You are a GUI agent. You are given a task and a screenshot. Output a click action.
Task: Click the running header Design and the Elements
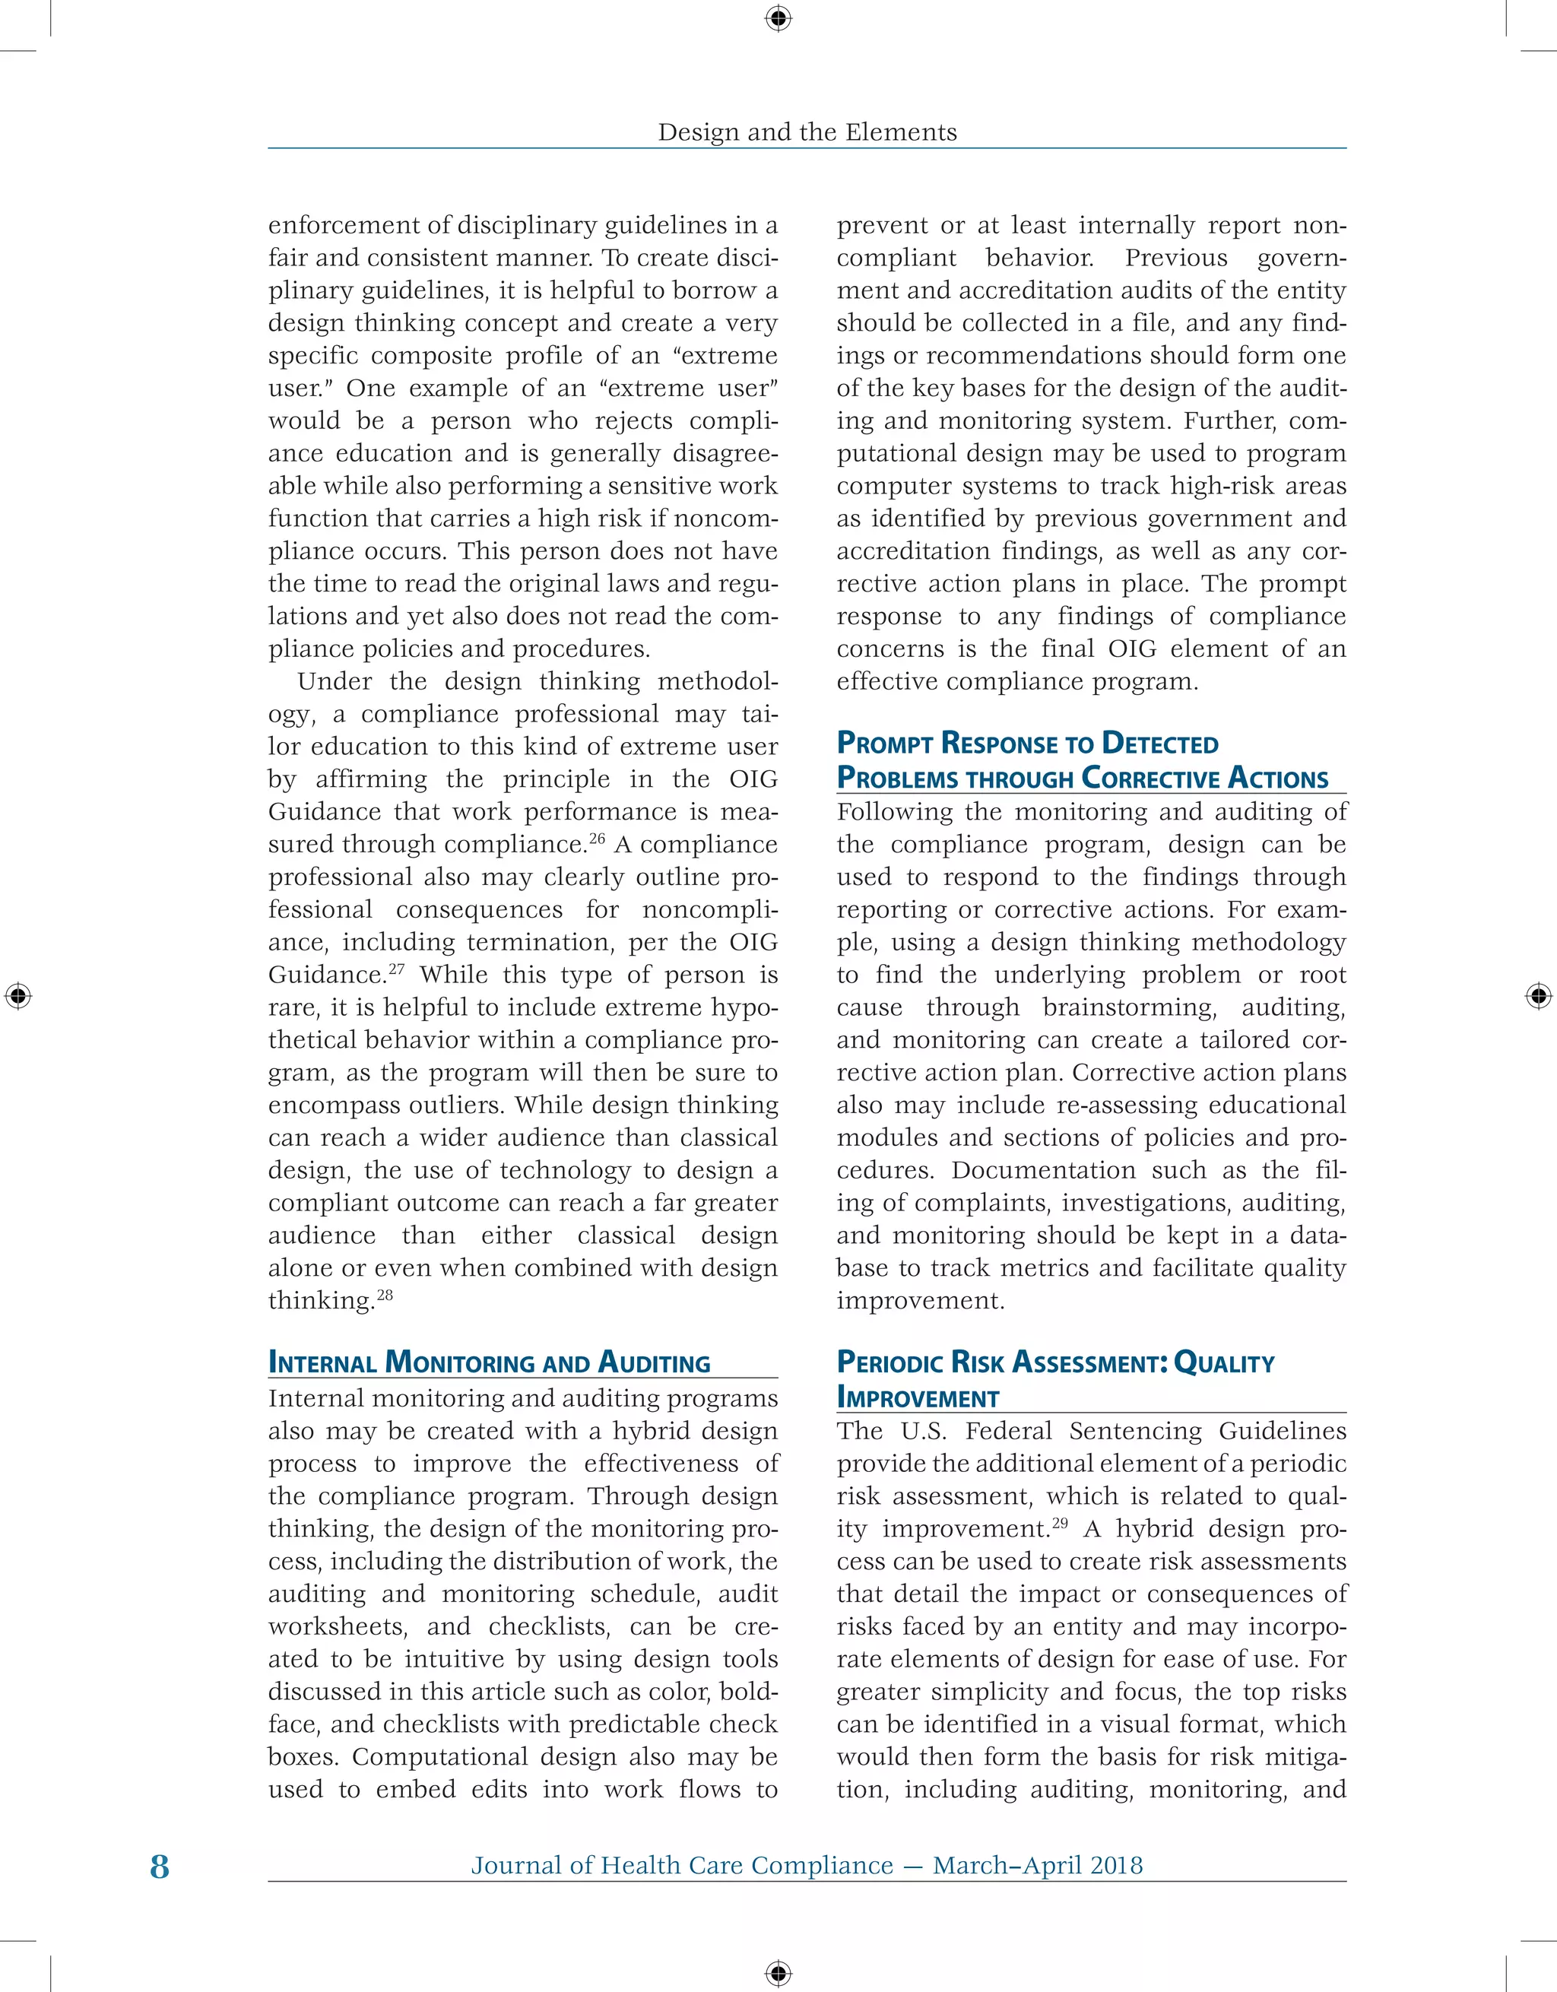pos(807,132)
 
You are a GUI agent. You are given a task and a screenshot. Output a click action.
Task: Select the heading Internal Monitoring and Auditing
pos(489,1362)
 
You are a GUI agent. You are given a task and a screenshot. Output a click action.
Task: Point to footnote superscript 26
pos(597,837)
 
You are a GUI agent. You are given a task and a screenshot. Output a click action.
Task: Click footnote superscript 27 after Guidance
pos(398,968)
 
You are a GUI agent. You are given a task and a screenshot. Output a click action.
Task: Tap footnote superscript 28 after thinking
pos(385,1293)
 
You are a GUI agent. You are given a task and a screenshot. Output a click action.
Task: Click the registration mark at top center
pos(778,17)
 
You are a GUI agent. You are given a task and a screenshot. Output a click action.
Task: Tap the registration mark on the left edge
pos(17,995)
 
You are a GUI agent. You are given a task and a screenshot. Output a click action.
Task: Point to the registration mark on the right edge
pos(1538,995)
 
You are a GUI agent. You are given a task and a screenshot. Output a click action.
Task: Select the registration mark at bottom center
pos(778,1973)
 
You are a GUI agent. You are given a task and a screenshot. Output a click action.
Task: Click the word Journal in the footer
pos(516,1865)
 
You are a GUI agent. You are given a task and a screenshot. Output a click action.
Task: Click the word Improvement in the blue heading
pos(918,1398)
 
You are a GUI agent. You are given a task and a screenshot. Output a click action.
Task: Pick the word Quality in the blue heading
pos(1224,1362)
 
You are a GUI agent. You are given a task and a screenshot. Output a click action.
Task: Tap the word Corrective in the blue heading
pos(1150,779)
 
